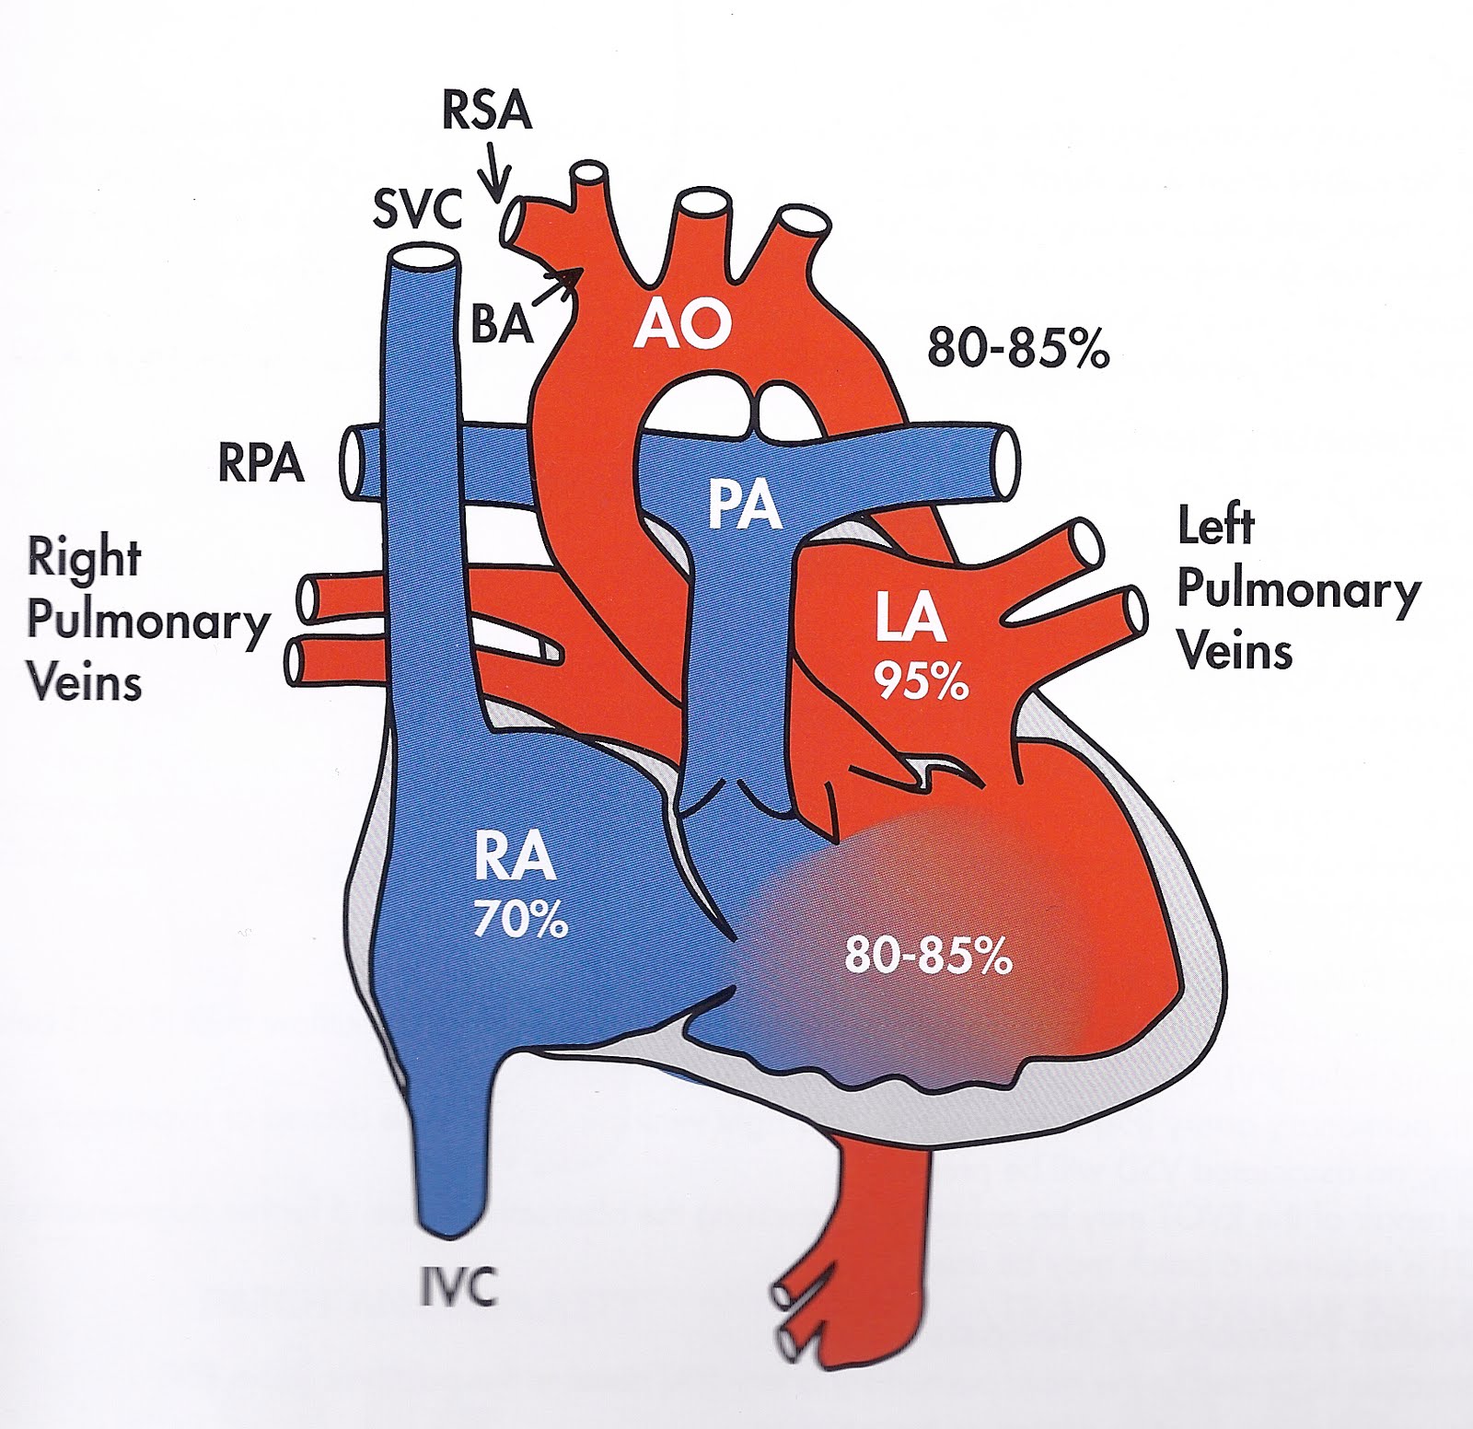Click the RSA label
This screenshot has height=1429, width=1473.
[x=487, y=111]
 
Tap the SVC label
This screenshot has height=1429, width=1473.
[x=416, y=210]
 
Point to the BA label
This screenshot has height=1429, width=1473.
[x=502, y=324]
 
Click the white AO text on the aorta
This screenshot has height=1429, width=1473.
[x=682, y=323]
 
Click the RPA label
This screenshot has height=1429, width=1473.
[x=261, y=462]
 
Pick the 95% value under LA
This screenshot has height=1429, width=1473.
[x=921, y=682]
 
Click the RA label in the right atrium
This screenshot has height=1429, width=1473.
[x=515, y=857]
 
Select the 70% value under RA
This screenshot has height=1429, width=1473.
[x=520, y=919]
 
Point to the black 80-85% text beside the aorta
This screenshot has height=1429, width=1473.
[x=1018, y=349]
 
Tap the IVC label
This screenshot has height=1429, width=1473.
[x=458, y=1285]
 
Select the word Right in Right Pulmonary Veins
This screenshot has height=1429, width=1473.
[x=84, y=558]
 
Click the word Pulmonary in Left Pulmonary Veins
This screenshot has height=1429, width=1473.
[x=1299, y=590]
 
